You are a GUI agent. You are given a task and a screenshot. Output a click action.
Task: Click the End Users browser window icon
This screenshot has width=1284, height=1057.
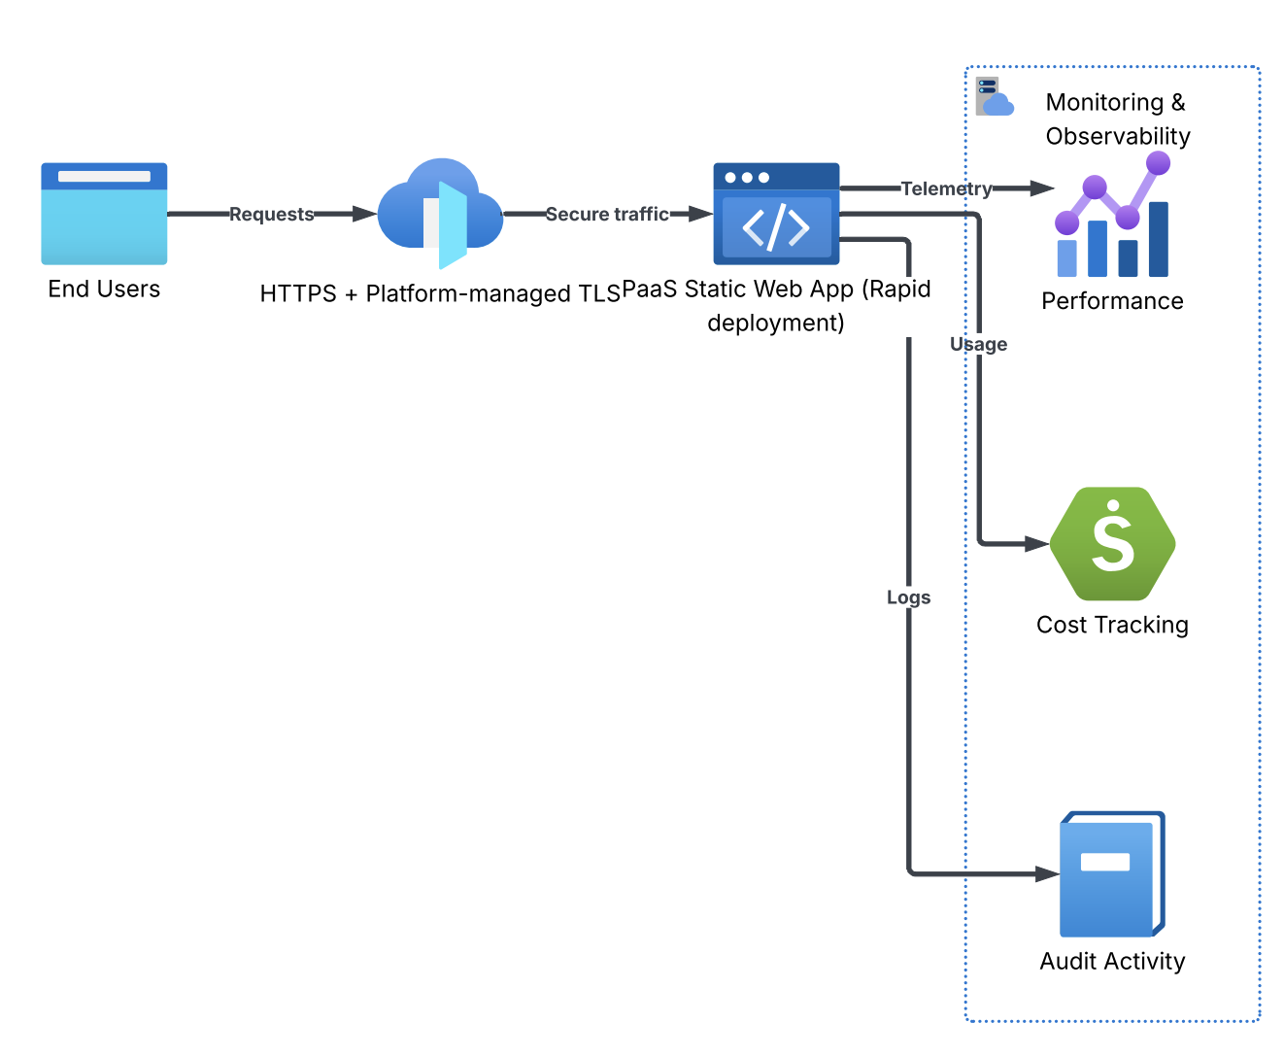pyautogui.click(x=104, y=214)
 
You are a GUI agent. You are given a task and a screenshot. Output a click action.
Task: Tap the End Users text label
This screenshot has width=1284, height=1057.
pyautogui.click(x=104, y=289)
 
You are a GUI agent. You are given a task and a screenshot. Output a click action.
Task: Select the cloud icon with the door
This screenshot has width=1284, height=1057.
pyautogui.click(x=440, y=214)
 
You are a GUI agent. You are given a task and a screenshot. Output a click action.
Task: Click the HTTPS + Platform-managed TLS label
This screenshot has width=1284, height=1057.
pyautogui.click(x=440, y=293)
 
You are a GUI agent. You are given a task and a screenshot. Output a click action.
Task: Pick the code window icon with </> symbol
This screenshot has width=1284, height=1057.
pyautogui.click(x=776, y=214)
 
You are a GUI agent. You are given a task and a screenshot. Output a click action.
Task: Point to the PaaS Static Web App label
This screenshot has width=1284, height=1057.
pyautogui.click(x=776, y=305)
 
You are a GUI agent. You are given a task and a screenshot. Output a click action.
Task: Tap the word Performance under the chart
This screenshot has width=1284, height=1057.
pyautogui.click(x=1112, y=301)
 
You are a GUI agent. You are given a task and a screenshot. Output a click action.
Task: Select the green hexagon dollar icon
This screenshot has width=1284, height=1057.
pyautogui.click(x=1113, y=544)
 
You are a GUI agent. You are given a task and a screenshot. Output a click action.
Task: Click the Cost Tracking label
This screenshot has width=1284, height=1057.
pyautogui.click(x=1112, y=625)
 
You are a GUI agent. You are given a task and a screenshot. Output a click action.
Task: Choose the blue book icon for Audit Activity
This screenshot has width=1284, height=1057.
pyautogui.click(x=1112, y=874)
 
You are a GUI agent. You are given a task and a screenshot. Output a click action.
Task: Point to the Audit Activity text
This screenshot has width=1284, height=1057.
pyautogui.click(x=1112, y=961)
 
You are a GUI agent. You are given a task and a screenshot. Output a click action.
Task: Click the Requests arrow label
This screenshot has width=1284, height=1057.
pyautogui.click(x=272, y=215)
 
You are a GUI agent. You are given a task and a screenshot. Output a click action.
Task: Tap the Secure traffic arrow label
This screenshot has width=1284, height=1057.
pyautogui.click(x=607, y=215)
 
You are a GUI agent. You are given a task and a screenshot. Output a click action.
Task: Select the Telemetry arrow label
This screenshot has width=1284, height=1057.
pyautogui.click(x=946, y=188)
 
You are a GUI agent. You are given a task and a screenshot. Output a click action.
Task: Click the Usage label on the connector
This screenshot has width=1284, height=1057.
pyautogui.click(x=978, y=344)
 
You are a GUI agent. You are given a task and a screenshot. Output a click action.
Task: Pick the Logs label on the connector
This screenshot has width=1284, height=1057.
pyautogui.click(x=908, y=597)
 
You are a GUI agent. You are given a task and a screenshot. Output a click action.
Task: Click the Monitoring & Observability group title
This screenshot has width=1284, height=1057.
pyautogui.click(x=1117, y=119)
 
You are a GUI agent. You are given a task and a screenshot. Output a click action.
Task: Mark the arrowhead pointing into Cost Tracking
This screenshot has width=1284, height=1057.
pyautogui.click(x=1038, y=544)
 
